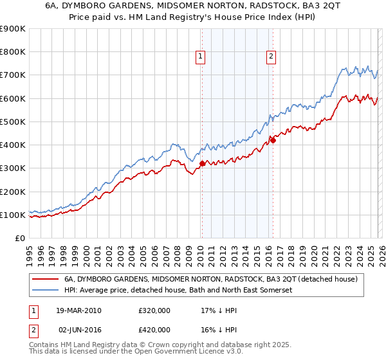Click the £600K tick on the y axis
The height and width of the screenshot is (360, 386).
point(13,98)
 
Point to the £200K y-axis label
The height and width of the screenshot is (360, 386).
point(13,192)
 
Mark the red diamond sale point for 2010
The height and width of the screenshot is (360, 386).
point(202,163)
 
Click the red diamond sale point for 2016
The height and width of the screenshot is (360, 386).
point(273,139)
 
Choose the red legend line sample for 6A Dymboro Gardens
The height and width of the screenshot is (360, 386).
point(46,279)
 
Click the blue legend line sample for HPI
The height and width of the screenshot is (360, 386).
point(46,291)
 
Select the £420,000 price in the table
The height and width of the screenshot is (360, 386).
point(155,328)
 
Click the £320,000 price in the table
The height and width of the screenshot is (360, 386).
point(155,310)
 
